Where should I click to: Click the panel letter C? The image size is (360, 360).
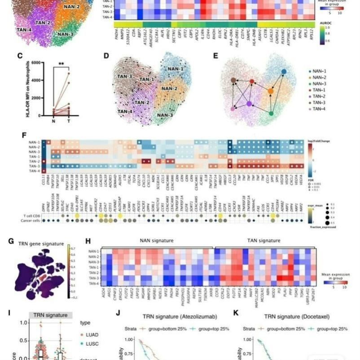pos(19,56)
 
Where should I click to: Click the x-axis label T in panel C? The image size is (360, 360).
pos(68,120)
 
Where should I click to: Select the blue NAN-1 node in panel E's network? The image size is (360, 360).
pos(284,72)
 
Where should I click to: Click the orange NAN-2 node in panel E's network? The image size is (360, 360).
pos(271,92)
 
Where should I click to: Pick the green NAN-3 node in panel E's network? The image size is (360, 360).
pos(271,113)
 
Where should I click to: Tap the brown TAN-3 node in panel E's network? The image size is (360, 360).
pos(234,80)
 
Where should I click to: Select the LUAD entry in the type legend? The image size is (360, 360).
pos(93,335)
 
